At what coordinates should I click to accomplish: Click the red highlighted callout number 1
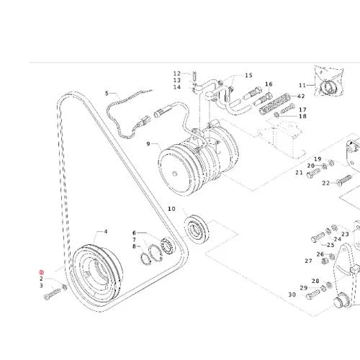click(42, 272)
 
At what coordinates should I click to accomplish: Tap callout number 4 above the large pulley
click(106, 232)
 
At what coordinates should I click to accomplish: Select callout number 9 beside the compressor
click(148, 144)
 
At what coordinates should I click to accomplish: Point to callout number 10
click(171, 209)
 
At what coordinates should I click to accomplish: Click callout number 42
click(301, 96)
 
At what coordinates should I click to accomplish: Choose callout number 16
click(269, 84)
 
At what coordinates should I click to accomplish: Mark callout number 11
click(302, 85)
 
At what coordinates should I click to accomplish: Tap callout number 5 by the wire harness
click(107, 93)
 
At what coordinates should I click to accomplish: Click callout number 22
click(326, 183)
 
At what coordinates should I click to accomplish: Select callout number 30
click(292, 294)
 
